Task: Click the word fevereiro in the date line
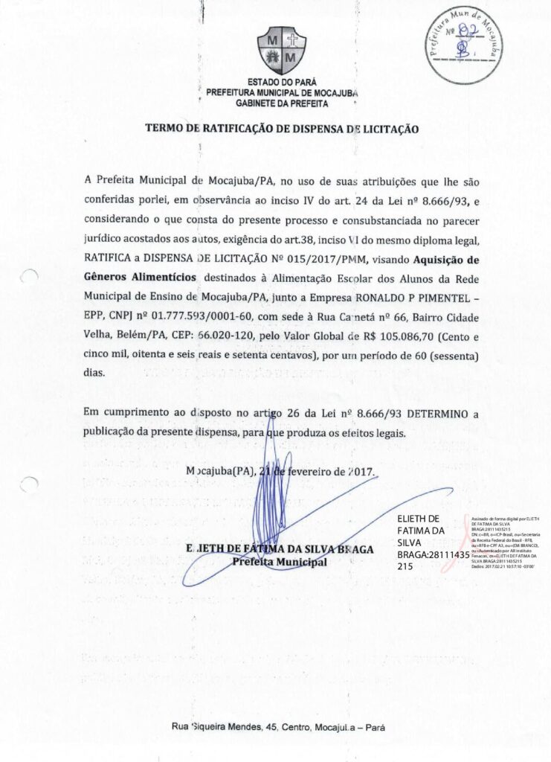302,472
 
